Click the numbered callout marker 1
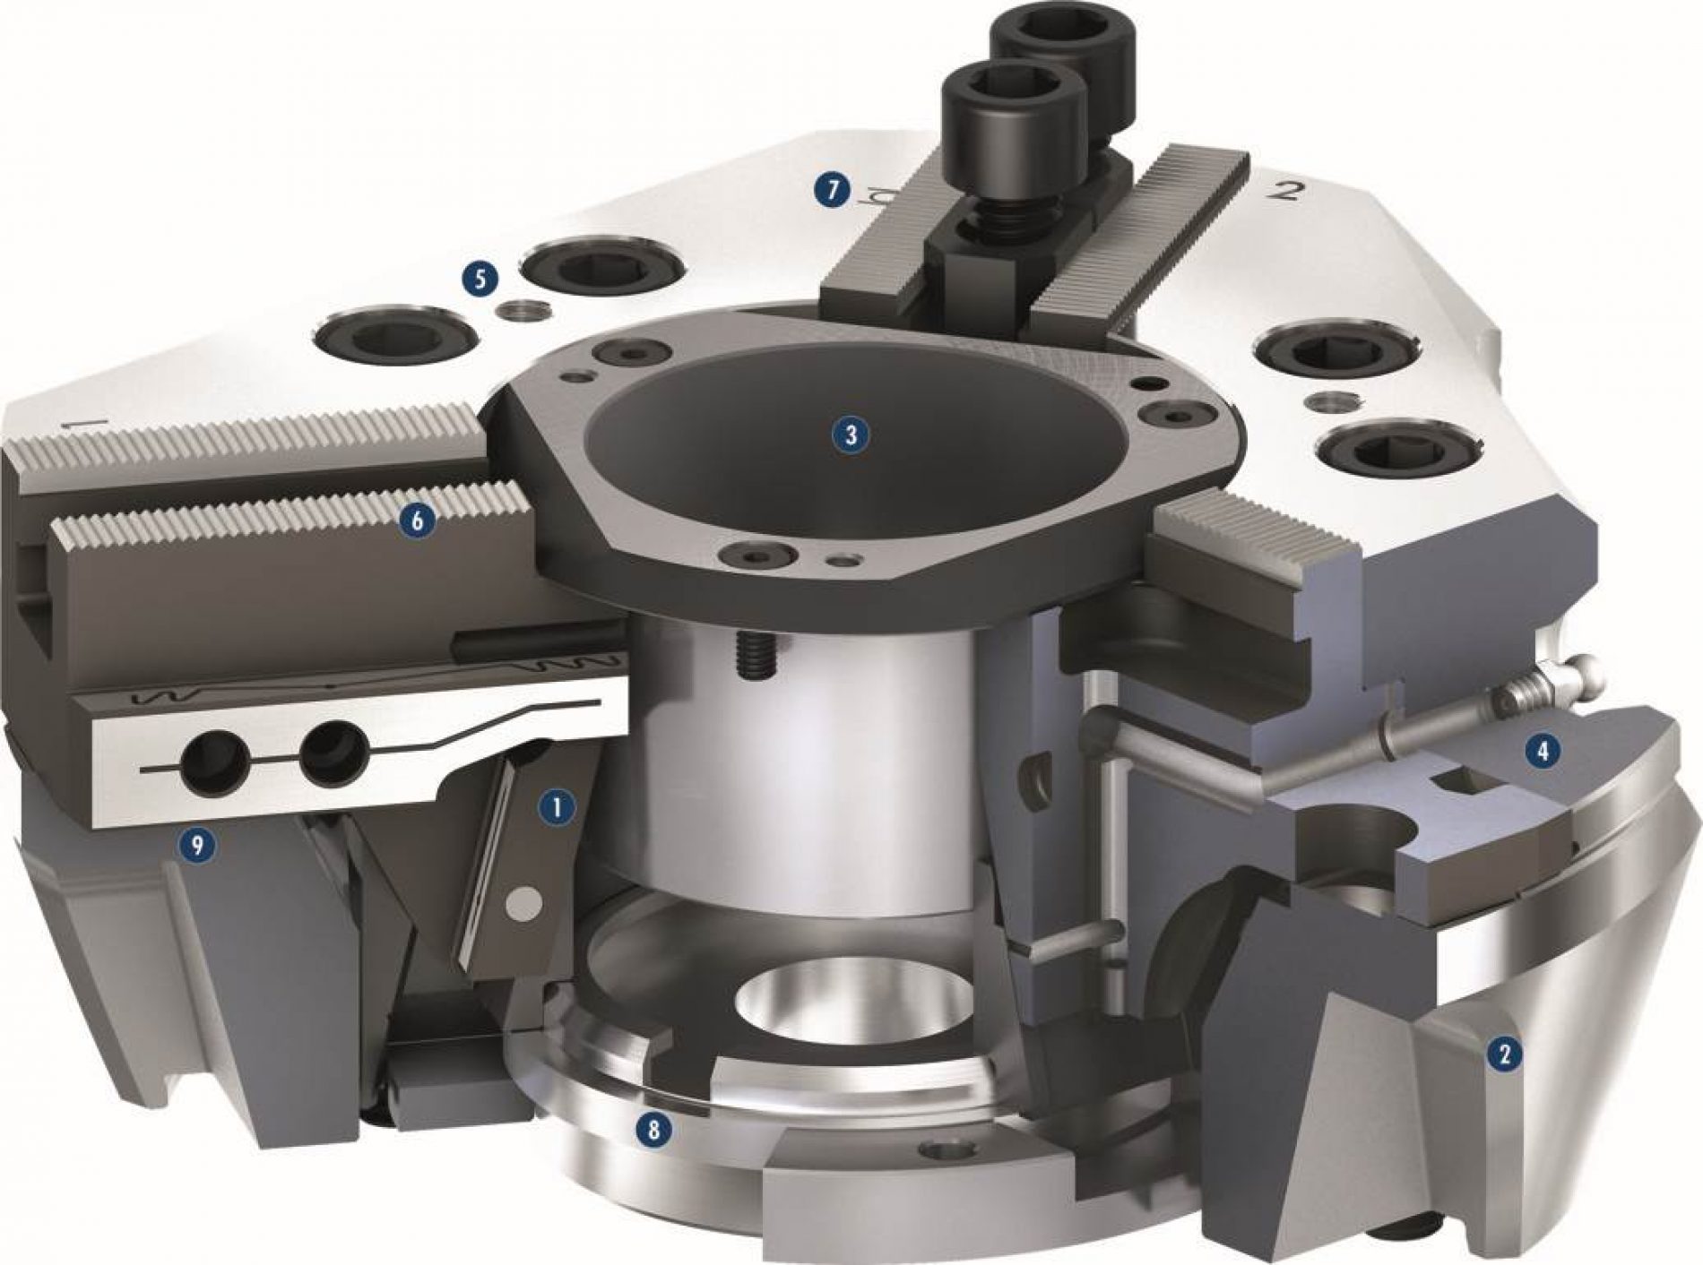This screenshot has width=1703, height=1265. [x=557, y=807]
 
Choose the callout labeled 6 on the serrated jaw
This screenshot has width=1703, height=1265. [x=421, y=518]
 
